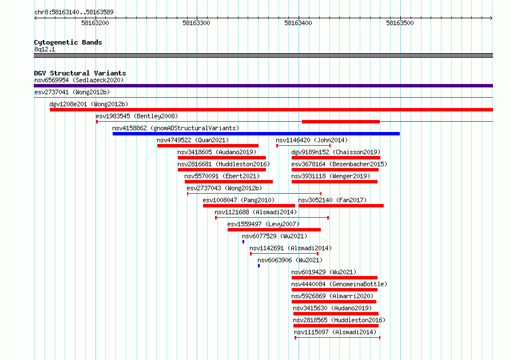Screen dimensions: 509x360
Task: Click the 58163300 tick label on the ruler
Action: [x=196, y=23]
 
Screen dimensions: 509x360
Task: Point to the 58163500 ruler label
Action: [x=400, y=23]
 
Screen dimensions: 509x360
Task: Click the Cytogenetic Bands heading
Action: [x=68, y=42]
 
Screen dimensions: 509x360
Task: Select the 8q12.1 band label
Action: [x=45, y=49]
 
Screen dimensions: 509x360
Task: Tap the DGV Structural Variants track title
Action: [x=80, y=73]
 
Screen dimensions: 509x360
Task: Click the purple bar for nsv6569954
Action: [x=263, y=86]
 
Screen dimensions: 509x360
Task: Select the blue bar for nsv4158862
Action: [x=256, y=134]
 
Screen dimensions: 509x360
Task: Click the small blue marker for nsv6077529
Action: [x=244, y=242]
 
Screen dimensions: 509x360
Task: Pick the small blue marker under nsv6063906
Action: [x=259, y=266]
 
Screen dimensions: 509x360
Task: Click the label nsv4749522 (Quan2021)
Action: [x=193, y=140]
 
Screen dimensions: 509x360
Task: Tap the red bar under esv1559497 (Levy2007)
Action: [x=275, y=230]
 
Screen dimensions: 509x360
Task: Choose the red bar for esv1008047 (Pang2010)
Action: [x=249, y=206]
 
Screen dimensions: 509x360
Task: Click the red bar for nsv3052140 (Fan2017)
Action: [x=341, y=206]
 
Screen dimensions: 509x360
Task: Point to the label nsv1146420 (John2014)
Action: [x=312, y=140]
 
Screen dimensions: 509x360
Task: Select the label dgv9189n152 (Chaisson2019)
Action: [x=336, y=152]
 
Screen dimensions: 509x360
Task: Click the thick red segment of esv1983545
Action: [x=341, y=122]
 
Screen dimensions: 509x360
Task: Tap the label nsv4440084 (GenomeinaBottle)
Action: [x=339, y=284]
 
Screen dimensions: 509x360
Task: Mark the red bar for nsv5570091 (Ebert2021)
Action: [x=229, y=182]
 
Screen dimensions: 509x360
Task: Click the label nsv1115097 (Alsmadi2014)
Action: [x=335, y=332]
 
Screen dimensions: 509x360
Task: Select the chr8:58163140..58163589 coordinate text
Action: [x=74, y=13]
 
